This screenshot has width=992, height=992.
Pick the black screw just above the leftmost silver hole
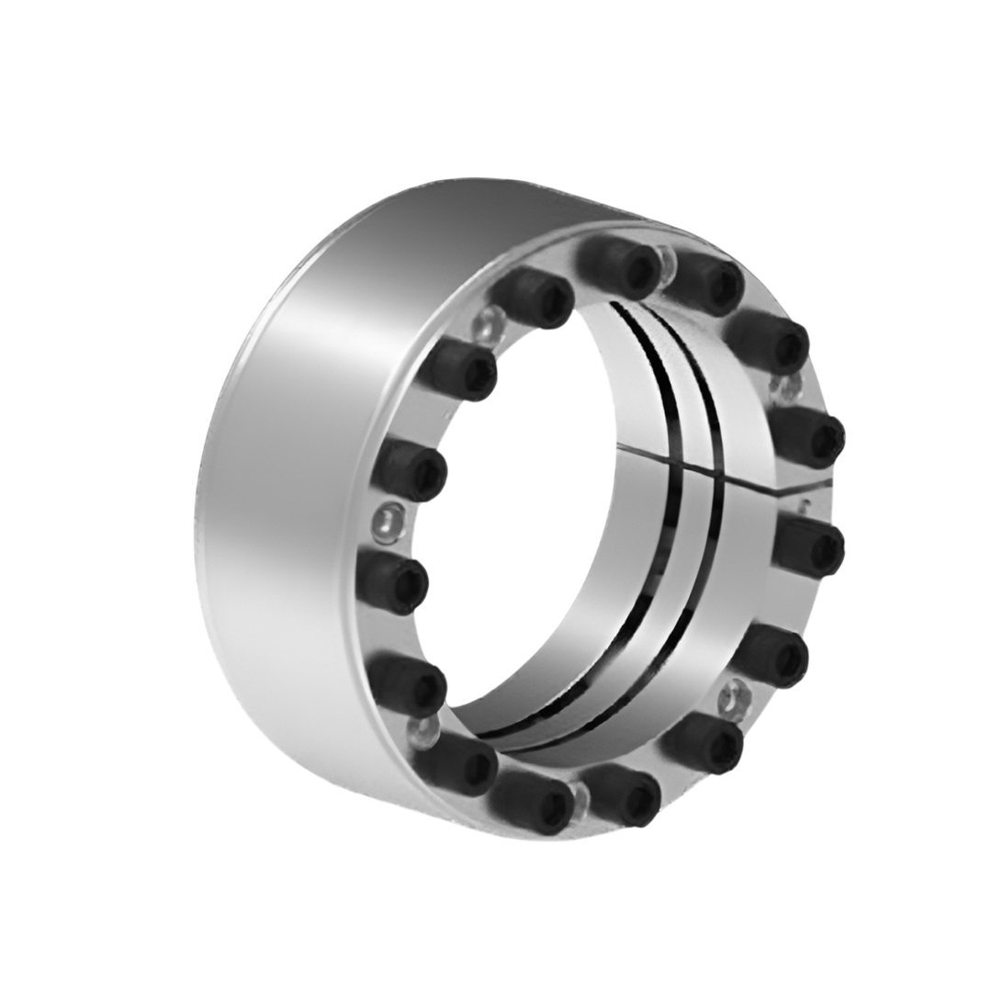(x=410, y=468)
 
